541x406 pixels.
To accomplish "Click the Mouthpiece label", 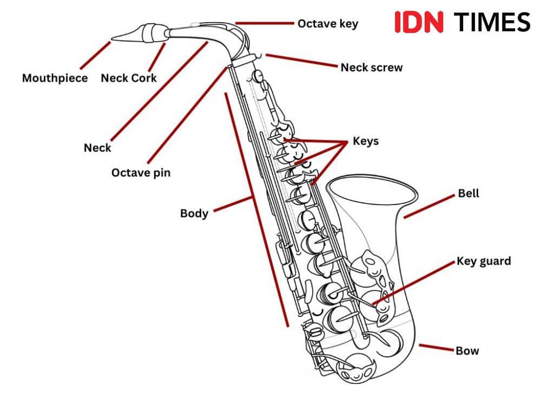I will (x=55, y=78).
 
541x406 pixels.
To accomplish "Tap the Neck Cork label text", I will (x=129, y=78).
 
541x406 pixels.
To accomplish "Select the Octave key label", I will (x=327, y=24).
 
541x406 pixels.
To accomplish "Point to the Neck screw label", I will (x=371, y=68).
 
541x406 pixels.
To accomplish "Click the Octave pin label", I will (x=141, y=173).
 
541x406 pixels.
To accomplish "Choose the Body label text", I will (x=194, y=213).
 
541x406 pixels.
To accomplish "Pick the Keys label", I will (x=366, y=141).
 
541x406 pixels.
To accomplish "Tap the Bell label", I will (x=469, y=193).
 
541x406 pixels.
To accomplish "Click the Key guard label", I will (x=484, y=261).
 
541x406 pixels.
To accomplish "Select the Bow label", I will (x=467, y=351).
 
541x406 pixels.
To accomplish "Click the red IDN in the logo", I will (x=419, y=22).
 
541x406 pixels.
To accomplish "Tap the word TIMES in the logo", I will (x=491, y=22).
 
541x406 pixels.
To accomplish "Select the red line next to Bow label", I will (x=436, y=348).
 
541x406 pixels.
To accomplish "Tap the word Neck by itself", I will (x=97, y=148).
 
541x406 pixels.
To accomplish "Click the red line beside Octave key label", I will (x=265, y=23).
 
